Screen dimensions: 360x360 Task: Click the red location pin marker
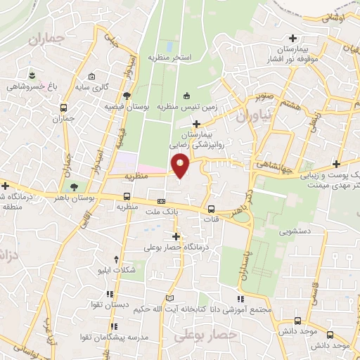tap(181, 167)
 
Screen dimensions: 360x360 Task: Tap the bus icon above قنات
tap(212, 209)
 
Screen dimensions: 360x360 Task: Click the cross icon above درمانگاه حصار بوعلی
tap(176, 236)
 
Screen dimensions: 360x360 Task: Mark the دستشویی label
tap(295, 231)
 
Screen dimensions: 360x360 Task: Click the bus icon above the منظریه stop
tap(127, 196)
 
